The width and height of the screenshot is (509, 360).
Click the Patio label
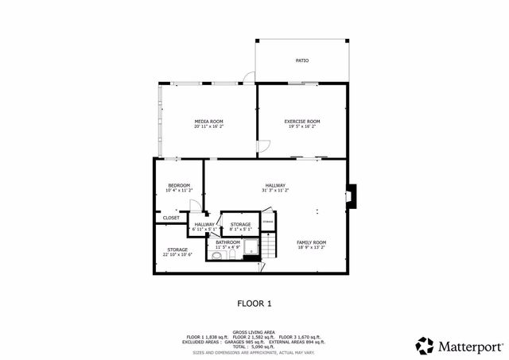tap(302, 60)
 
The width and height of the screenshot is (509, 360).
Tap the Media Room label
tap(208, 121)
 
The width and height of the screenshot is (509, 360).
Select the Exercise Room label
tap(302, 121)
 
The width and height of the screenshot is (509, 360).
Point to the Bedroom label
tap(178, 186)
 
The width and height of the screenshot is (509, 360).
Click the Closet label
tap(171, 217)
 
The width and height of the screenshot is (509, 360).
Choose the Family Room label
tap(312, 242)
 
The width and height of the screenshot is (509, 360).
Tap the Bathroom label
tap(227, 242)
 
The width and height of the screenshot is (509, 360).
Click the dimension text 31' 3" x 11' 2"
tap(275, 191)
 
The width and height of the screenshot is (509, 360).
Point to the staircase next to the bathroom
tap(269, 246)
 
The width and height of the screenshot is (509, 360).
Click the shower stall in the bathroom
tap(251, 246)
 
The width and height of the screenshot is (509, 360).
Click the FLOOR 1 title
tap(254, 303)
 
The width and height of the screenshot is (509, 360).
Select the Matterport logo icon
tap(424, 346)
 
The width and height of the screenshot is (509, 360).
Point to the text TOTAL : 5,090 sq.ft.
tap(254, 346)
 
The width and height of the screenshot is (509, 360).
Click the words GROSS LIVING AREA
tap(254, 332)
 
